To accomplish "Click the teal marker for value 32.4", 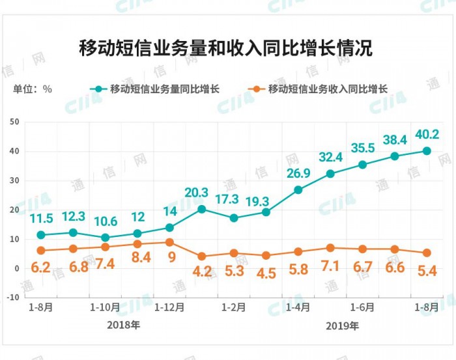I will pyautogui.click(x=330, y=174).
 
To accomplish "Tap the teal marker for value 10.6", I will pyautogui.click(x=105, y=238).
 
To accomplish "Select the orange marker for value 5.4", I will pyautogui.click(x=427, y=253).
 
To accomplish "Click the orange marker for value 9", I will pyautogui.click(x=169, y=242).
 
